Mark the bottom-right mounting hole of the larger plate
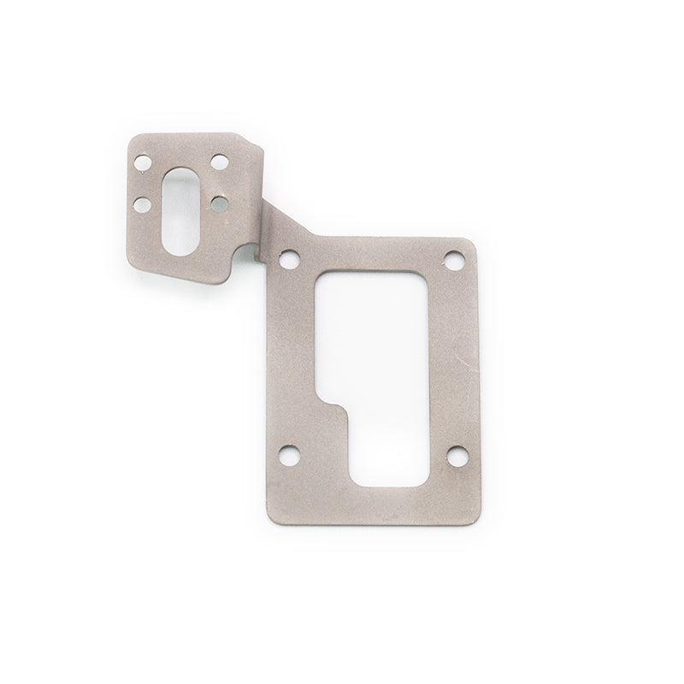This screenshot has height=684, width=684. tap(453, 453)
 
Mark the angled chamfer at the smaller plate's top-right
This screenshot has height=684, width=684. tap(255, 148)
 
